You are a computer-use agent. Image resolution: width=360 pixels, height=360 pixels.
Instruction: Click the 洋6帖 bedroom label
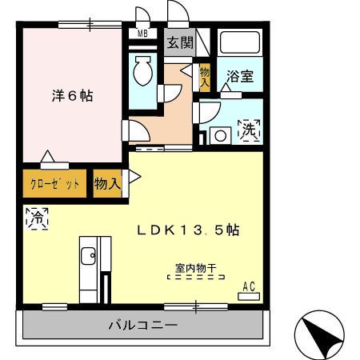[x=72, y=96]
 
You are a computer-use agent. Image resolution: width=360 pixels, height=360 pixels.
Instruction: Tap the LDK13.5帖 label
[x=187, y=230]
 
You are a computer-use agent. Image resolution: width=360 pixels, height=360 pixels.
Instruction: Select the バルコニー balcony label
[x=143, y=326]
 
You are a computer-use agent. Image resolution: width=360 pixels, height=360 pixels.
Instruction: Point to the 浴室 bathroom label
[x=239, y=77]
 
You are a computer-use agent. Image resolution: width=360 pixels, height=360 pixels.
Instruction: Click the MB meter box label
[x=143, y=34]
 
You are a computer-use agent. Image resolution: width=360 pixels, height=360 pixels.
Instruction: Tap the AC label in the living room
[x=250, y=286]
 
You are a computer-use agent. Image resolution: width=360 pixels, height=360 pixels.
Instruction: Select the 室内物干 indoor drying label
[x=196, y=269]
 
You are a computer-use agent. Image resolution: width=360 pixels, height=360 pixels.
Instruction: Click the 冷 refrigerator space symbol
[x=36, y=216]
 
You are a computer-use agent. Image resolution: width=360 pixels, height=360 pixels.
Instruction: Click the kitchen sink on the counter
[x=87, y=258]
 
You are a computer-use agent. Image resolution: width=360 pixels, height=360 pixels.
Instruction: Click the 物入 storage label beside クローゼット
[x=107, y=184]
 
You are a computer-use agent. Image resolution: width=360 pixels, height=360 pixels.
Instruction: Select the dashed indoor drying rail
[x=196, y=278]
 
